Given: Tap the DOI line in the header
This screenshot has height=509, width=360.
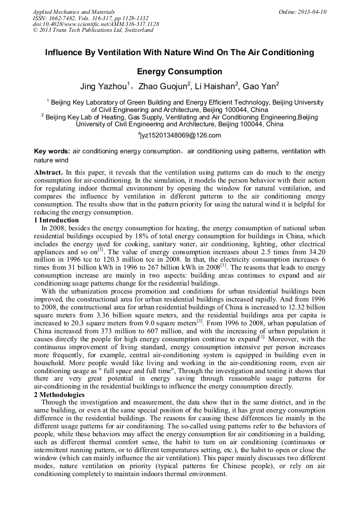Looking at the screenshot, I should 96,24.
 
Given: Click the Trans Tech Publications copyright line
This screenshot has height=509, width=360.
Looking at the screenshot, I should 93,30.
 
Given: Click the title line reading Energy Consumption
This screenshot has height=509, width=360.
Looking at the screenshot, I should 179,71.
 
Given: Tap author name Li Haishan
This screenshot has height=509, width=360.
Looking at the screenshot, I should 214,86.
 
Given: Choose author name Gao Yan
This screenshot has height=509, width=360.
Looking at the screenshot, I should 260,86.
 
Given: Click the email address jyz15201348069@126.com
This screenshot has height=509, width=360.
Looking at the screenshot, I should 180,135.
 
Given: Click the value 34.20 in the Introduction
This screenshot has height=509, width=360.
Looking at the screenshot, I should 315,251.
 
